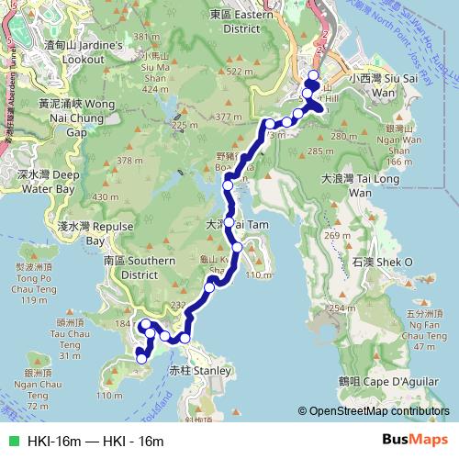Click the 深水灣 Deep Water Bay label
pos(37,181)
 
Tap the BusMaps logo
pos(414,440)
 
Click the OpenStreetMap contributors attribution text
pos(377,412)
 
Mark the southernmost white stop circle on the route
pos(140,358)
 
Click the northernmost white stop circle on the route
pos(313,76)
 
